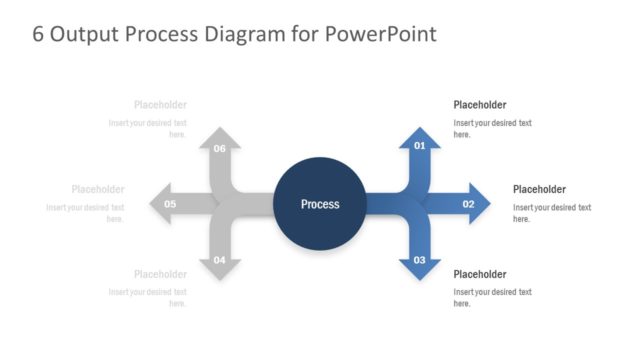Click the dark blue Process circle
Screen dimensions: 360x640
click(320, 204)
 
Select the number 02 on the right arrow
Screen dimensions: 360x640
click(468, 204)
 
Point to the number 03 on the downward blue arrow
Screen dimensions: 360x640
click(420, 260)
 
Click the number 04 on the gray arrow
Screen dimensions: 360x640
click(220, 260)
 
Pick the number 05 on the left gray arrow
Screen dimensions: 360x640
click(170, 204)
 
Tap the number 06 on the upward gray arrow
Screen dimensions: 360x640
click(220, 148)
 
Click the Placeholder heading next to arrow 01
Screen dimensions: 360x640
click(480, 105)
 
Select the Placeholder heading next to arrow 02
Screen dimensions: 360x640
click(539, 189)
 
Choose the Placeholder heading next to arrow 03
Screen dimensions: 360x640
click(480, 274)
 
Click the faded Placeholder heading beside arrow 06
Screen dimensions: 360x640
click(160, 105)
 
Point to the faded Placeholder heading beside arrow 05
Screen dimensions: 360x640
click(98, 189)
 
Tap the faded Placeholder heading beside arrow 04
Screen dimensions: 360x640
click(160, 274)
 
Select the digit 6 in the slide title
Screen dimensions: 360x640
click(38, 35)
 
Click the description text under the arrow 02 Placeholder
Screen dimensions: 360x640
click(552, 213)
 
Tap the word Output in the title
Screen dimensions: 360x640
click(83, 35)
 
